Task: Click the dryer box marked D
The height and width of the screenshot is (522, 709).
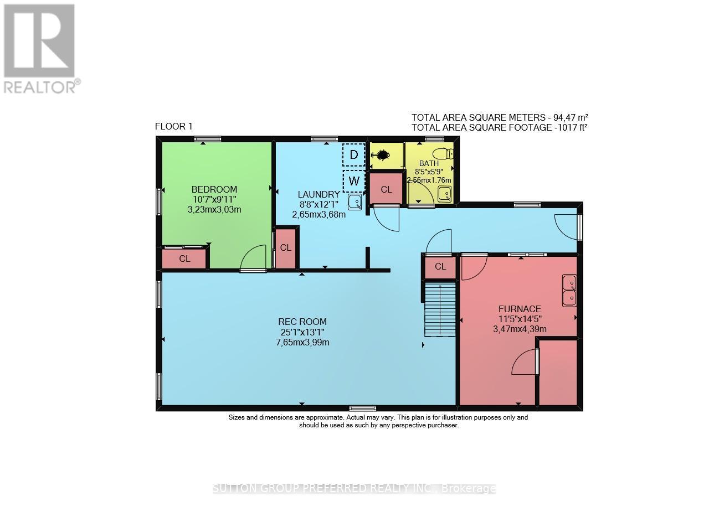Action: (x=353, y=154)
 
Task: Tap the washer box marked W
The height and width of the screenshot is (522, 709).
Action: (x=353, y=180)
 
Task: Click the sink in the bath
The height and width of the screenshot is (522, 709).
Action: (x=444, y=194)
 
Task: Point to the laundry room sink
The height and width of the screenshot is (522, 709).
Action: (x=355, y=201)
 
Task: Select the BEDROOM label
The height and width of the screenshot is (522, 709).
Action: (x=214, y=189)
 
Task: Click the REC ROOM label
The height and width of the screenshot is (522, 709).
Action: (x=302, y=322)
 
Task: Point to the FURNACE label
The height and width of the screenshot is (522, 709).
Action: (x=519, y=309)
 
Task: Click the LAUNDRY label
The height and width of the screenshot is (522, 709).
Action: (x=318, y=194)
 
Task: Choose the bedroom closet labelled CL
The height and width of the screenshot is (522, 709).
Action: (x=184, y=259)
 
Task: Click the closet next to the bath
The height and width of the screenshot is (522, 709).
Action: (x=386, y=189)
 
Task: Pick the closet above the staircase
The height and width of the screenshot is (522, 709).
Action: (x=440, y=267)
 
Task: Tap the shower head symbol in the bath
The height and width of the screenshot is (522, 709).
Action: (x=381, y=156)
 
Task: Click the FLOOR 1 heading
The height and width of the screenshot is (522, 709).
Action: (x=173, y=126)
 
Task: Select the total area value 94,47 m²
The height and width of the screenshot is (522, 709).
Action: (x=567, y=117)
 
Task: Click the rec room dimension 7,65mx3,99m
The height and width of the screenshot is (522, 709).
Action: (x=302, y=342)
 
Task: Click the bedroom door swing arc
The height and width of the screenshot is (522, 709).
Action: (x=253, y=258)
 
